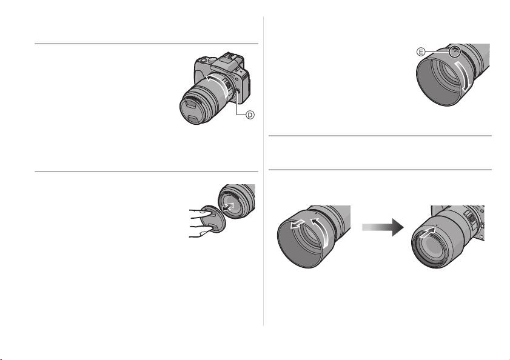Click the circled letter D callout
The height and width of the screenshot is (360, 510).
[x=250, y=115]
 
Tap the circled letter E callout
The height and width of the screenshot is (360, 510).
[x=421, y=52]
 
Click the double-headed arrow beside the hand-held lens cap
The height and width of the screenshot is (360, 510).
[x=229, y=207]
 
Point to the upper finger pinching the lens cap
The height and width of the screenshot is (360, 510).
[x=198, y=212]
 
